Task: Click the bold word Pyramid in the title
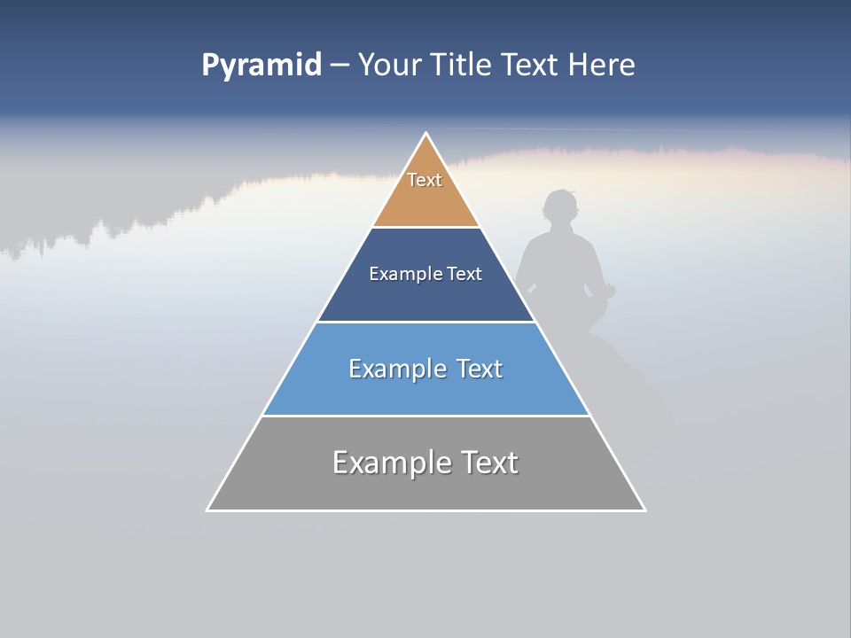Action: (262, 66)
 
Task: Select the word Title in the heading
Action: (461, 66)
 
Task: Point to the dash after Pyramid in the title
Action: (339, 66)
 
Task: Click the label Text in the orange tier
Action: (425, 180)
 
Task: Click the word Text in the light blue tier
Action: (480, 369)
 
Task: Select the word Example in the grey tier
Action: (386, 463)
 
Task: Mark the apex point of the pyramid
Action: (426, 134)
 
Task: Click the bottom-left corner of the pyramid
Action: (207, 510)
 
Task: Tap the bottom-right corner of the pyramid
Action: (644, 510)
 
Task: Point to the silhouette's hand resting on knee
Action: (608, 289)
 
